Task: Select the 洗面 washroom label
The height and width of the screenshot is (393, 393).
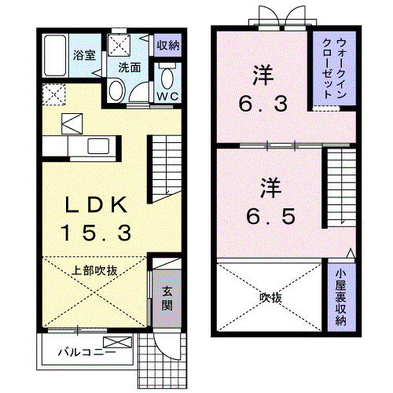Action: [129, 68]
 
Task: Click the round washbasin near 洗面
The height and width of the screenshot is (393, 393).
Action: [115, 91]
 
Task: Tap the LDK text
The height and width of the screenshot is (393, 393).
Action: [97, 206]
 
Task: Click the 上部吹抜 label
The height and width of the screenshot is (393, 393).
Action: [95, 270]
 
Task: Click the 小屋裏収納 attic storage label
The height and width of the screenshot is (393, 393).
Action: [340, 299]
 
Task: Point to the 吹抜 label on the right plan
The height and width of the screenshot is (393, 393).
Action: [270, 299]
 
